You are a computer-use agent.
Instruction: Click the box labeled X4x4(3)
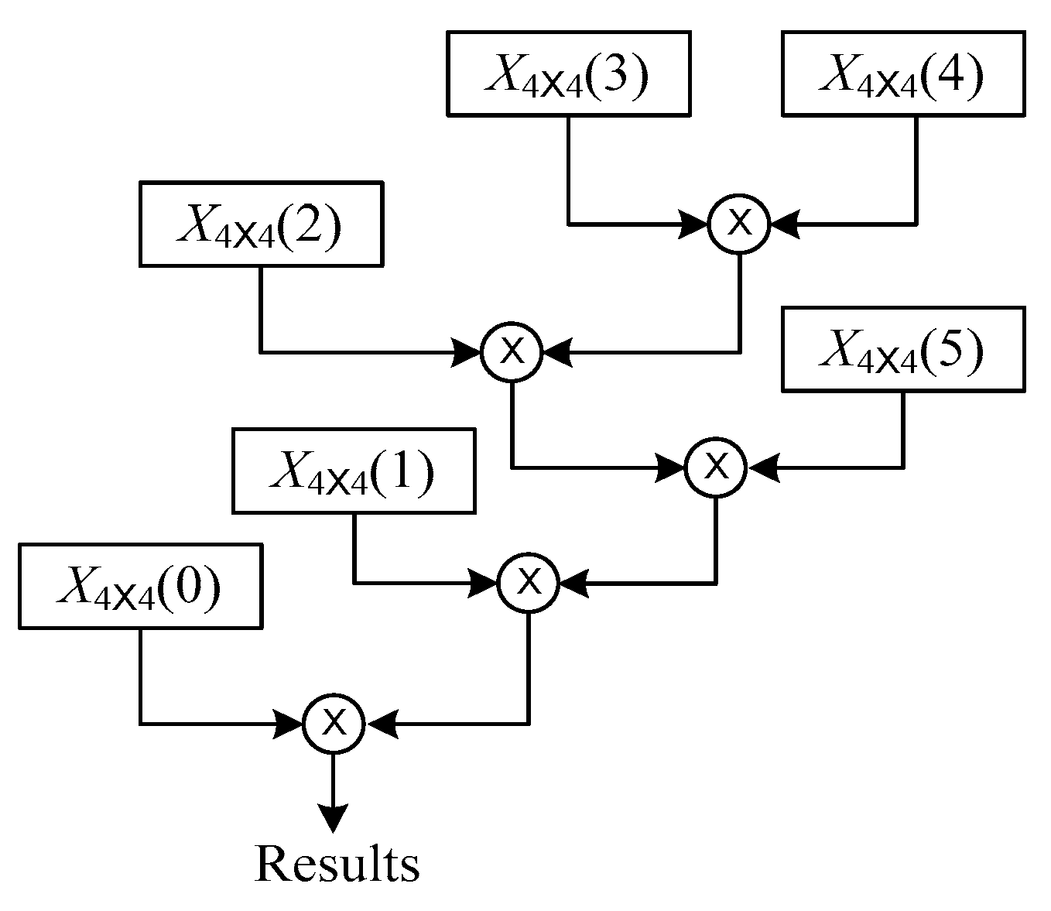[x=568, y=74]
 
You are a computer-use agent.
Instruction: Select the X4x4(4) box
[x=902, y=74]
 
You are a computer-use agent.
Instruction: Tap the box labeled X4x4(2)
[x=261, y=224]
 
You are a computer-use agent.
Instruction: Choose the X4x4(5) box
[x=902, y=349]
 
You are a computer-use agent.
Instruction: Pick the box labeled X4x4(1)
[x=354, y=471]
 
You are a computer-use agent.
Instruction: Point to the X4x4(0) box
[x=140, y=586]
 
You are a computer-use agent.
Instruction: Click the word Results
[x=337, y=865]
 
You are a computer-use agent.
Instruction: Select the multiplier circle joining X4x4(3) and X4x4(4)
[x=740, y=224]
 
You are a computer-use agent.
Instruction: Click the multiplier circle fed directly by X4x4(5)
[x=716, y=467]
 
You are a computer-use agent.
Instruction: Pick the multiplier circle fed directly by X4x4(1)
[x=529, y=581]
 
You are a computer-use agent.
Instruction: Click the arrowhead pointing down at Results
[x=334, y=817]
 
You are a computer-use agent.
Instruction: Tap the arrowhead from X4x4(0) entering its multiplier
[x=289, y=724]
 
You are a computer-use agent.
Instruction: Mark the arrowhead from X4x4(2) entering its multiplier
[x=467, y=353]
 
